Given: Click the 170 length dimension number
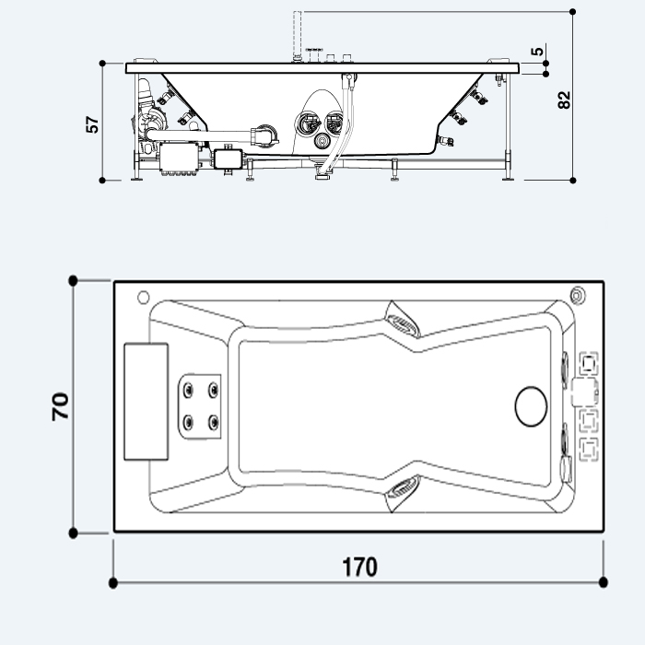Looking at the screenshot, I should click(x=358, y=567).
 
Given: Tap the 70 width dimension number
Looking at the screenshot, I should click(x=61, y=405).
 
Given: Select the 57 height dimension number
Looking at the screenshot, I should click(x=92, y=124).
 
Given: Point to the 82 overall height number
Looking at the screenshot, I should click(x=565, y=99).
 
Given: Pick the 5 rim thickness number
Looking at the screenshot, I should click(x=537, y=52).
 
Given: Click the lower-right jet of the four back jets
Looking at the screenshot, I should click(x=215, y=423).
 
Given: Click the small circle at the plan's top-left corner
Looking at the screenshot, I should click(x=142, y=298).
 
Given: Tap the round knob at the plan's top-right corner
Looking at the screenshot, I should click(x=578, y=296).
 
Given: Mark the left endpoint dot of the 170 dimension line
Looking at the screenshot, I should click(x=113, y=582).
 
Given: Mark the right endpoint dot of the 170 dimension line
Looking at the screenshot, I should click(x=604, y=582).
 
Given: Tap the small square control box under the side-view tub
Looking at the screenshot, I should click(x=226, y=158).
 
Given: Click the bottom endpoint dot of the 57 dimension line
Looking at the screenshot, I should click(x=102, y=179).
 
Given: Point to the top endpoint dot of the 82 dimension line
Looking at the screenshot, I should click(x=573, y=12).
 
